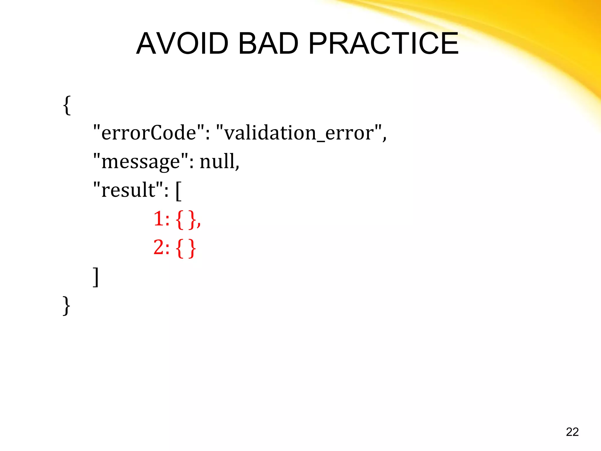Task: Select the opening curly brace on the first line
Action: point(67,105)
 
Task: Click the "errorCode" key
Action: point(148,133)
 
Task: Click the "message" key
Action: point(141,161)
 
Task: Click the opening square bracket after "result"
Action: point(178,191)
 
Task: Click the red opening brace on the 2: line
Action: point(180,248)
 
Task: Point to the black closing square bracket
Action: point(96,277)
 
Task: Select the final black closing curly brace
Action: point(67,306)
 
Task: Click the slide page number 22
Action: point(572,432)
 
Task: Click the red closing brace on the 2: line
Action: point(192,248)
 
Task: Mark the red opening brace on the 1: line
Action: point(180,220)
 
